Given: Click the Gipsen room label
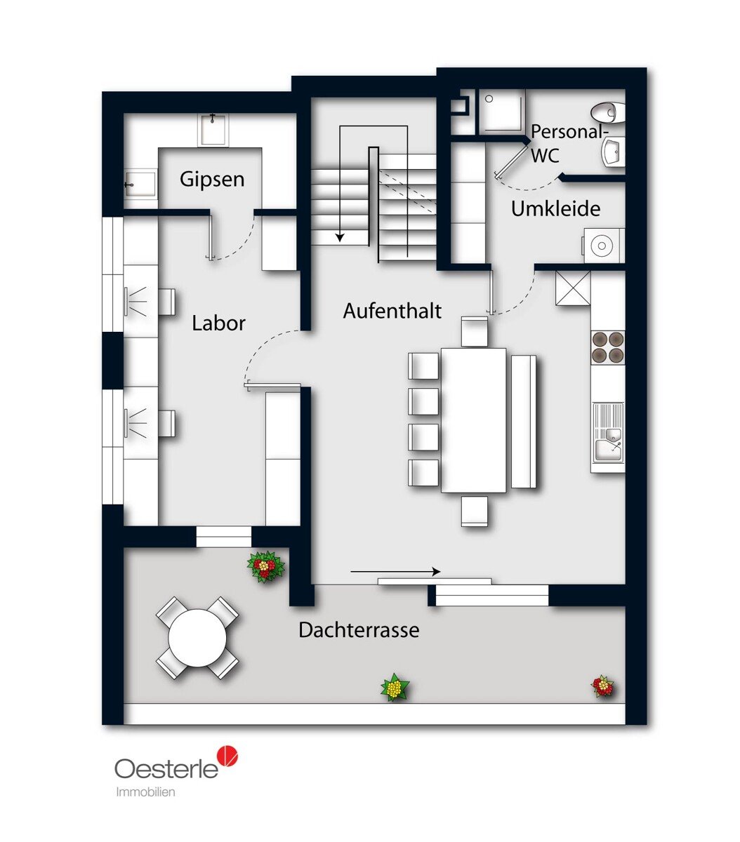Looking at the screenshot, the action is (212, 180).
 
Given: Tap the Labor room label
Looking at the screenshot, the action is (219, 323).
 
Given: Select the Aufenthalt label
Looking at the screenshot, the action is (392, 311).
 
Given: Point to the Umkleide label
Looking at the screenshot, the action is (556, 208).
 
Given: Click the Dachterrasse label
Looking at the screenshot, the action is (359, 630).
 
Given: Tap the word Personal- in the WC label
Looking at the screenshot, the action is (569, 132).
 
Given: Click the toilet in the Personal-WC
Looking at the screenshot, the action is (608, 112).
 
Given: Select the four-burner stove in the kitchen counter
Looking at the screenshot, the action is (608, 347).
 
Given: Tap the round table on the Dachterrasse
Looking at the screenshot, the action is (197, 638).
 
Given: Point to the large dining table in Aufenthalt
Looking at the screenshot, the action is (473, 420).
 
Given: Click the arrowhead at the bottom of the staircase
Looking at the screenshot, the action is (341, 238).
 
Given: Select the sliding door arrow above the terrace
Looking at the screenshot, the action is (395, 572).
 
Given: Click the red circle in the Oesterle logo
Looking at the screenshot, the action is (228, 756).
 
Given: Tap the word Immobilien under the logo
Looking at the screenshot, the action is (145, 792).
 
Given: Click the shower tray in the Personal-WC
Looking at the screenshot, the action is (501, 111).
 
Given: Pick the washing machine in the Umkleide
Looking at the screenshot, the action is (604, 245).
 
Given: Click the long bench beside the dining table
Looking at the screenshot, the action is (523, 421).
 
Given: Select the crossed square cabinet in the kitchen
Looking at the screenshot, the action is (573, 288).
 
